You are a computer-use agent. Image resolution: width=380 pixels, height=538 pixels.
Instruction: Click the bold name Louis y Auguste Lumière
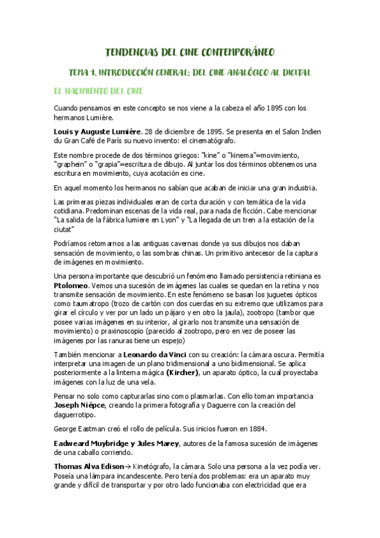[x=97, y=131]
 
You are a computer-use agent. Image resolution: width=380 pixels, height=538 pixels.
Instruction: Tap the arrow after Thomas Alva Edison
[x=129, y=466]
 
